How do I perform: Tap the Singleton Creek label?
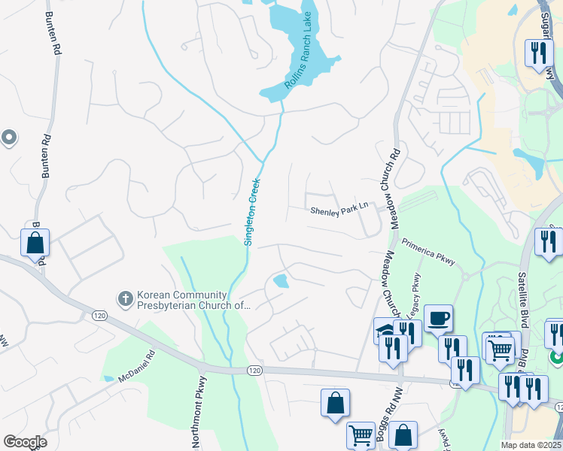251,211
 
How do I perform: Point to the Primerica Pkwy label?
428,253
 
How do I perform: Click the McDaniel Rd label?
136,367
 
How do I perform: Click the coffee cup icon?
437,318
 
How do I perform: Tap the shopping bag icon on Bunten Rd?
35,243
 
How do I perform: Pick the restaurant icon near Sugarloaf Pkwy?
537,53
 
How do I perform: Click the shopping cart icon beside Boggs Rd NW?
361,434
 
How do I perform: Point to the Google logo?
25,442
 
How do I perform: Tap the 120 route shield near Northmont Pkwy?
254,370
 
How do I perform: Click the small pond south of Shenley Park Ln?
281,282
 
